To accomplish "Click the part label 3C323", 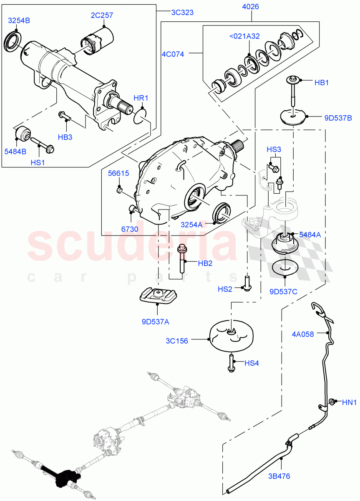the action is point(182,12).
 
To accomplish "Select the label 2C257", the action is point(102,15).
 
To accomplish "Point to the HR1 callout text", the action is point(141,98).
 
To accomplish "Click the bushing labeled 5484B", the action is point(22,133).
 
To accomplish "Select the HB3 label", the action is point(65,137).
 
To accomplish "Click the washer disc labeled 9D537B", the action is point(292,116).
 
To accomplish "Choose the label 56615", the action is point(119,174).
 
